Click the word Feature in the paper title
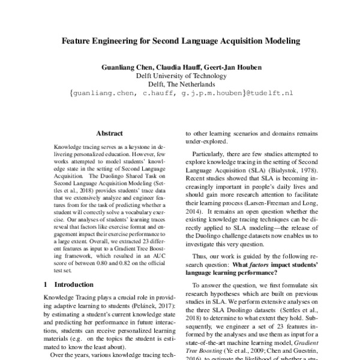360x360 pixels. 80,43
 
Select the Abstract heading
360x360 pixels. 109,133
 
